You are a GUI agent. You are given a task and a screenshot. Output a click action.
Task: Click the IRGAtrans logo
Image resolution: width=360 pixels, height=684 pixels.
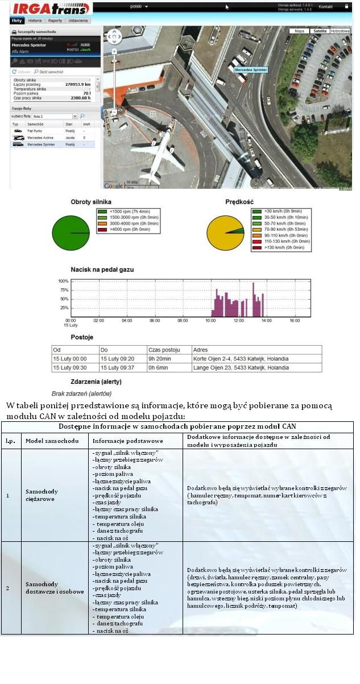point(51,9)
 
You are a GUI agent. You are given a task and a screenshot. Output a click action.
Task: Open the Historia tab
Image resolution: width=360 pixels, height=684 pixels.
point(35,20)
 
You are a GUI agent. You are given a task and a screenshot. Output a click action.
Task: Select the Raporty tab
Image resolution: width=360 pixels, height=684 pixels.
point(55,20)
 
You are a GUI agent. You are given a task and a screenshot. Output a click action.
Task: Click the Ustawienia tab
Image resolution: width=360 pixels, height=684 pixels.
point(78,20)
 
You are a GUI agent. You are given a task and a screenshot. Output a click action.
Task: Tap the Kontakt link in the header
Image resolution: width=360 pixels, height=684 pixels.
point(326,6)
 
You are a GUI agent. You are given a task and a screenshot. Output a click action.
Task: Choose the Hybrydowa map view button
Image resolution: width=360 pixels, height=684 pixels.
point(340,31)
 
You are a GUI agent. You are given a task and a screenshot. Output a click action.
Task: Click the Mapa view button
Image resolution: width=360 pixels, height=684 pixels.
point(299,31)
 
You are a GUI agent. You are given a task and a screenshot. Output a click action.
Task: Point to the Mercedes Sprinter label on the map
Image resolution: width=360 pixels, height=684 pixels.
point(251,69)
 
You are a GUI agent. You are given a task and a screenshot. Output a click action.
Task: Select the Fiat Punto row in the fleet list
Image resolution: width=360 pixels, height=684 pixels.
point(35,131)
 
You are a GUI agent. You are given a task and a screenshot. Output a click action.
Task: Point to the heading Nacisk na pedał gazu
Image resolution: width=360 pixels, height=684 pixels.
point(102,269)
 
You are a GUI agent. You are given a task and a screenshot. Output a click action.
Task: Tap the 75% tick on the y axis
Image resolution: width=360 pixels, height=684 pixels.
point(64,290)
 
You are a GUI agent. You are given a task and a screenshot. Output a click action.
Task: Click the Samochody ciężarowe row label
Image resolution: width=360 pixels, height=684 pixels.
point(42,495)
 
